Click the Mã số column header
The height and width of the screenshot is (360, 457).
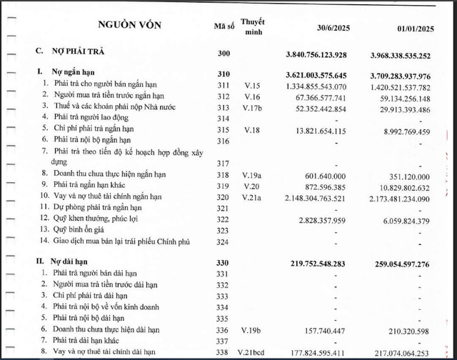point(226,26)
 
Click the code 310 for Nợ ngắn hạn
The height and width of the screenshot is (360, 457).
point(226,74)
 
